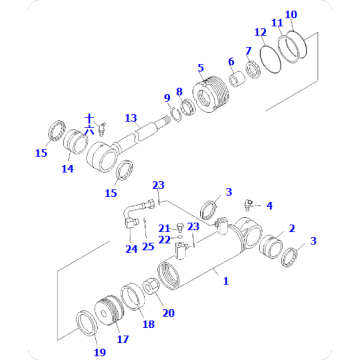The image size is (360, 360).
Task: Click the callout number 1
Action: (225, 281)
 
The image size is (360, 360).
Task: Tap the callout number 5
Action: (200, 68)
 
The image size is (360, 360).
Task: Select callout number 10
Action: (290, 15)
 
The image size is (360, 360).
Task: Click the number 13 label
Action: (129, 116)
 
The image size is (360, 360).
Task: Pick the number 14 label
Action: (68, 169)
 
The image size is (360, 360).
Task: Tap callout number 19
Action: (100, 354)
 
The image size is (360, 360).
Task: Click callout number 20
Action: (168, 312)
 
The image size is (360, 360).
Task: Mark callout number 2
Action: (292, 228)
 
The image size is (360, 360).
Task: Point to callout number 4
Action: (269, 205)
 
